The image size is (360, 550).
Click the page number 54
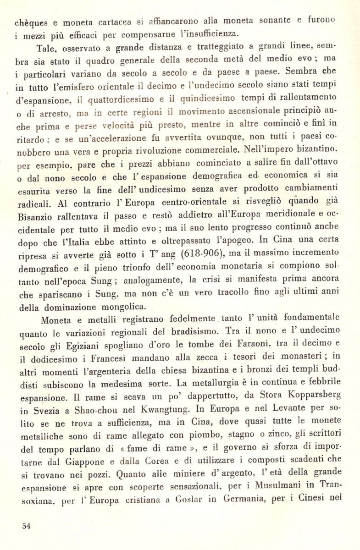pyautogui.click(x=27, y=526)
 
